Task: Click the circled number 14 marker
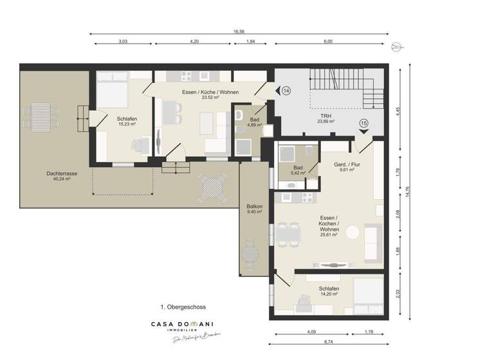[x=286, y=91]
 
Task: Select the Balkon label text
[x=254, y=209]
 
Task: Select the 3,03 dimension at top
[x=122, y=42]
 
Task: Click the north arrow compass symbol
[x=398, y=46]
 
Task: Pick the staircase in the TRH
[x=341, y=90]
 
